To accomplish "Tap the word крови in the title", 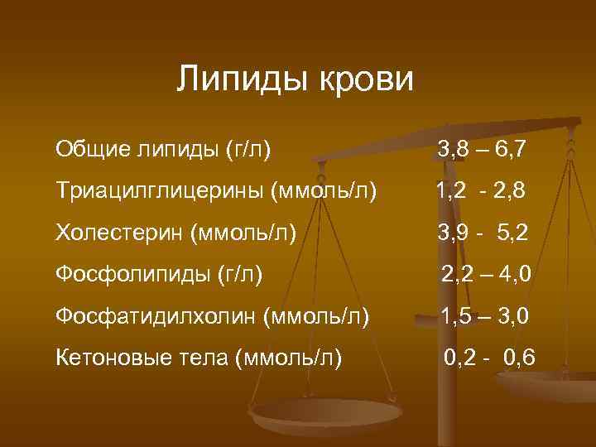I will (x=363, y=79).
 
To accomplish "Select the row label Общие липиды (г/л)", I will (x=165, y=149).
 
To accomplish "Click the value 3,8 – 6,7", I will (x=483, y=150).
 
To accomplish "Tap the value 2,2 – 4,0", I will (x=486, y=274).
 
